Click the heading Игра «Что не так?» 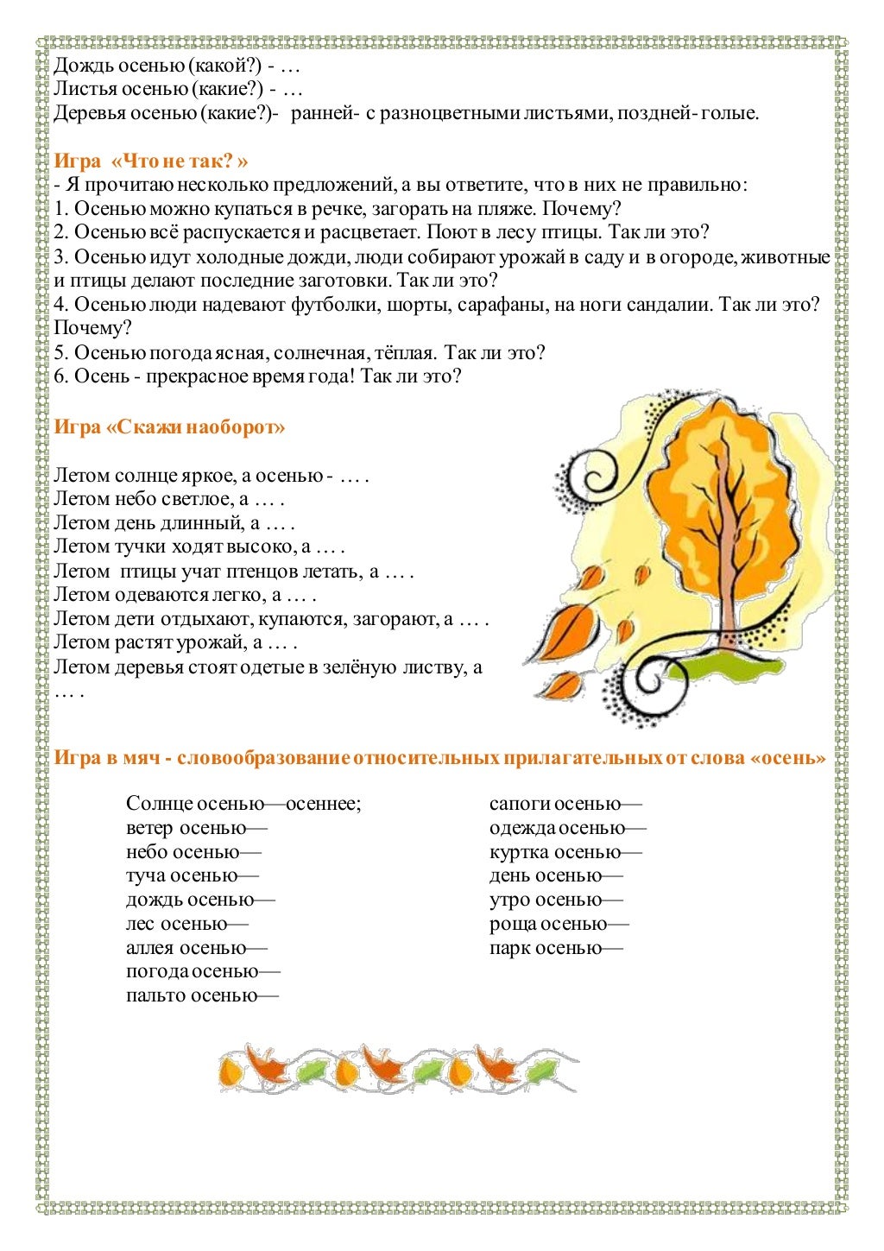point(151,161)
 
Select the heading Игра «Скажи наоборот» point(169,427)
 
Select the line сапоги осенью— point(565,804)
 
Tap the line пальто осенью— point(202,995)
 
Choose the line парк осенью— point(556,948)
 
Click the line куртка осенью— point(565,852)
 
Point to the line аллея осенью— point(197,948)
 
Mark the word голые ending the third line point(731,113)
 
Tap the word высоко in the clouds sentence point(262,547)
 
